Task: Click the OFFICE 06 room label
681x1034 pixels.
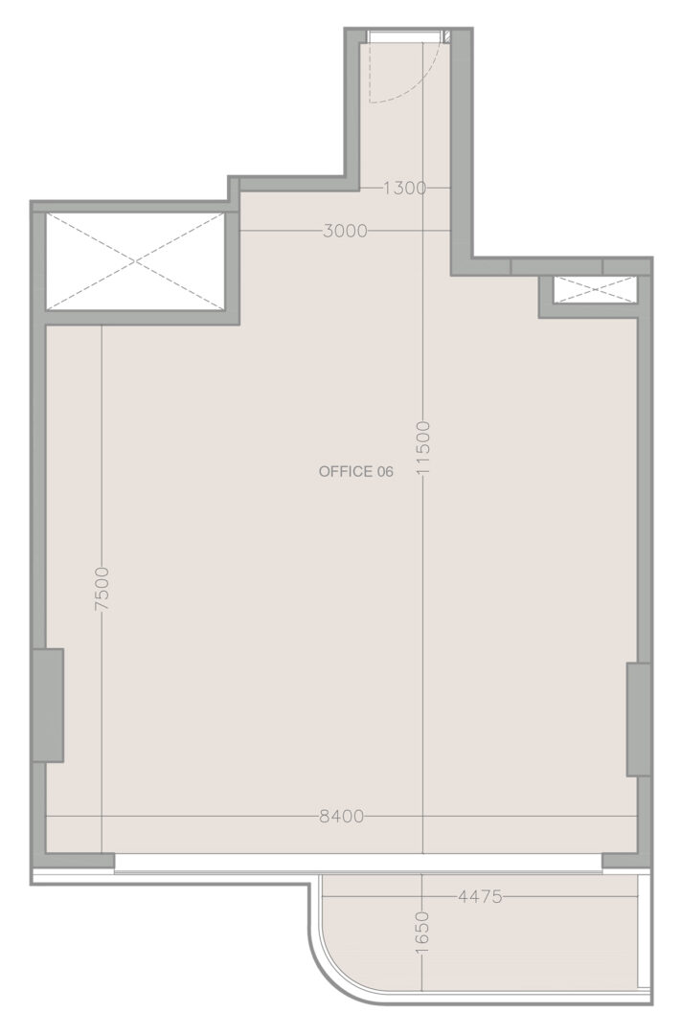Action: click(x=355, y=471)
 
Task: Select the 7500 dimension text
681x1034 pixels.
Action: click(x=102, y=589)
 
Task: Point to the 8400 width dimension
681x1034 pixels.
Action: click(x=341, y=817)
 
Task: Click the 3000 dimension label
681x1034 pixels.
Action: click(x=345, y=231)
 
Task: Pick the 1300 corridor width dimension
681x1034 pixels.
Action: click(x=404, y=189)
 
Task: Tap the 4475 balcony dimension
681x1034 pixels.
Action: click(x=480, y=897)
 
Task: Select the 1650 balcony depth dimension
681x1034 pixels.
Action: click(x=423, y=933)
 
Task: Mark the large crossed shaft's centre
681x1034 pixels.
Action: click(x=135, y=261)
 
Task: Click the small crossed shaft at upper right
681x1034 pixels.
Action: click(x=595, y=290)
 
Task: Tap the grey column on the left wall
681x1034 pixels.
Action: click(x=48, y=705)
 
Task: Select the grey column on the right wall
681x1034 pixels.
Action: click(x=638, y=719)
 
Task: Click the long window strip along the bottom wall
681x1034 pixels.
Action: click(x=357, y=862)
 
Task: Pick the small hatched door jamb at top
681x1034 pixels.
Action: click(x=446, y=36)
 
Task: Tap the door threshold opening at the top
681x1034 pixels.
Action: click(x=406, y=35)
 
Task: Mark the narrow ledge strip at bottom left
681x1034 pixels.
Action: click(x=170, y=877)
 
